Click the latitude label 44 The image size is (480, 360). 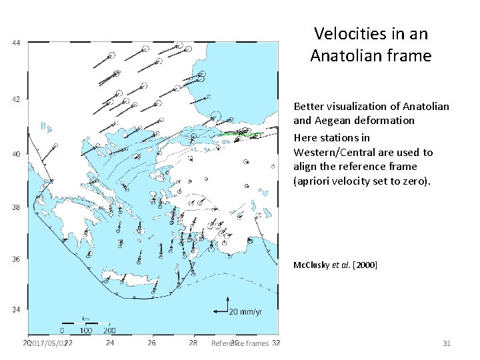click(16, 44)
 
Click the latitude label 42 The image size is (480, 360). click(16, 99)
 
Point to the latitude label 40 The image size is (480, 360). click(16, 154)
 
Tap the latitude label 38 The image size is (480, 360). click(16, 207)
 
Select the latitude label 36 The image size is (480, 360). click(16, 259)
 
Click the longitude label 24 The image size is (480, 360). click(110, 343)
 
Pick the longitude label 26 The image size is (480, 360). click(152, 343)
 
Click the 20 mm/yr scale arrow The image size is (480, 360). click(220, 311)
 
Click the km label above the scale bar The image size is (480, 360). click(85, 319)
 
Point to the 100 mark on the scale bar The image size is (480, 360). click(85, 330)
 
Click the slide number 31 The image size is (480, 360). click(447, 343)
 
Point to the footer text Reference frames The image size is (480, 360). click(239, 343)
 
